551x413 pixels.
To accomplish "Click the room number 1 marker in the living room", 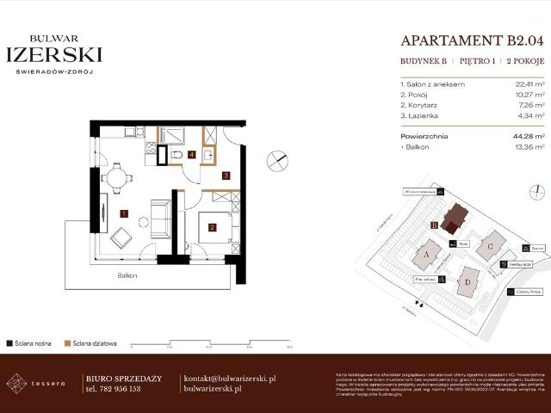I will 124,213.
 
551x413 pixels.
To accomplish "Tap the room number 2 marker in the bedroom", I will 211,228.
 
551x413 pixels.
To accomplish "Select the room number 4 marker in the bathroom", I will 192,155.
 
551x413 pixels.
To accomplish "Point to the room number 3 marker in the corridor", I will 226,176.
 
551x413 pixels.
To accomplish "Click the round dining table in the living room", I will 116,179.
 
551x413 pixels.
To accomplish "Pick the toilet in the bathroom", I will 175,155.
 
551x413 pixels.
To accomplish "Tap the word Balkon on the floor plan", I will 129,276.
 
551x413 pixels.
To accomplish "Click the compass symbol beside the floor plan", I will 278,161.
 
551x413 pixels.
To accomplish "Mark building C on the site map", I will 491,244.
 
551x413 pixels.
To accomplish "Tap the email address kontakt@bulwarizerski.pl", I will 230,379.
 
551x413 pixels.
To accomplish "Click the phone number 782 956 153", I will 120,389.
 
